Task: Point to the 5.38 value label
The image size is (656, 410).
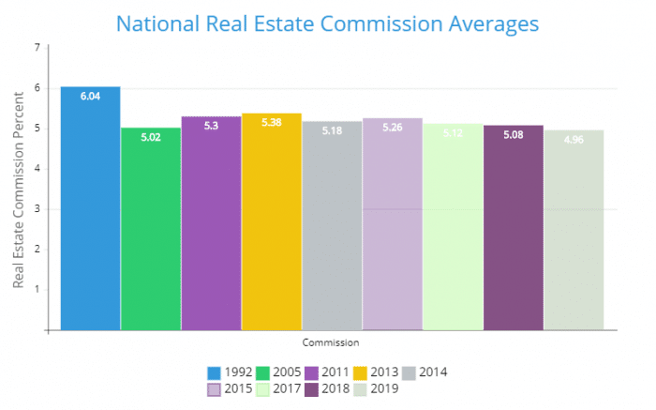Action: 271,124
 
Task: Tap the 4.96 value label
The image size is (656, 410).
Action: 574,141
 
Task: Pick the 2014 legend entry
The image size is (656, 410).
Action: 422,372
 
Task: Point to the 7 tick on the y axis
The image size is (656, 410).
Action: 37,47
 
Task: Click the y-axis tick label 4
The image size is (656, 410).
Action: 37,169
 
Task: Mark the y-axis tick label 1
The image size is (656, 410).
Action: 37,289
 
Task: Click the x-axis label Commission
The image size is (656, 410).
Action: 331,342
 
